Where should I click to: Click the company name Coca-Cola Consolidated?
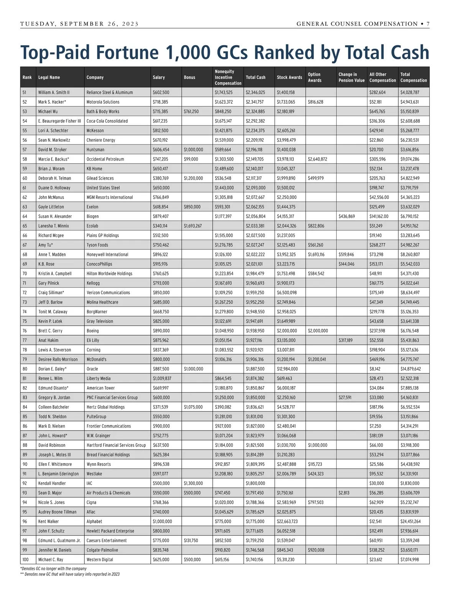tap(107, 121)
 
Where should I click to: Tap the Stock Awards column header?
tap(289, 77)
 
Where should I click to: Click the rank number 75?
tap(25, 321)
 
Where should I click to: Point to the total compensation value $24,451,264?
tap(411, 521)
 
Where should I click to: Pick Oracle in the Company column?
tap(92, 369)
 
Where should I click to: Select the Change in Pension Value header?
tap(352, 77)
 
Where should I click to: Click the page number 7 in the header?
tap(428, 24)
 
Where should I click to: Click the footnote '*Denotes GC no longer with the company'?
tap(53, 569)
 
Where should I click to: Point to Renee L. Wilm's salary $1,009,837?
tap(162, 378)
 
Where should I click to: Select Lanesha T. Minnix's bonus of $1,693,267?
tap(193, 226)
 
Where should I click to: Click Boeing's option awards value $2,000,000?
tap(318, 331)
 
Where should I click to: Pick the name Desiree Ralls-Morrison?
tap(58, 359)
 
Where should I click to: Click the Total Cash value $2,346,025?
tap(255, 92)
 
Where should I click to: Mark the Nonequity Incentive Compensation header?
tap(228, 77)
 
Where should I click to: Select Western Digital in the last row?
tap(100, 560)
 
